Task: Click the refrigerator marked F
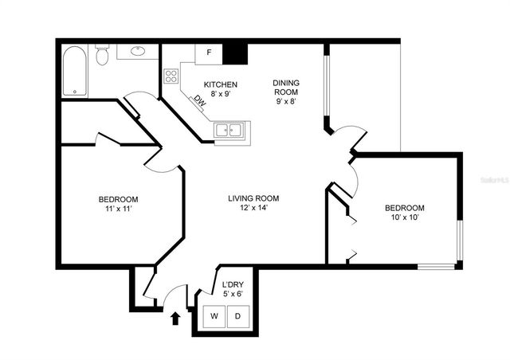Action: pyautogui.click(x=209, y=53)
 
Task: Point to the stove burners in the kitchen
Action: pyautogui.click(x=171, y=76)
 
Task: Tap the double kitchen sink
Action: pyautogui.click(x=231, y=130)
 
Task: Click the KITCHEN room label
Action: pyautogui.click(x=219, y=84)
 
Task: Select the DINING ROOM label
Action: pyautogui.click(x=287, y=87)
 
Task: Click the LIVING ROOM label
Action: pyautogui.click(x=253, y=198)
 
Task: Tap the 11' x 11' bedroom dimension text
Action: pyautogui.click(x=119, y=209)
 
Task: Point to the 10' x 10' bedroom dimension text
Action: pyautogui.click(x=405, y=217)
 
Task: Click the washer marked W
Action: pyautogui.click(x=214, y=316)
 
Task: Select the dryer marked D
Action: pyautogui.click(x=237, y=316)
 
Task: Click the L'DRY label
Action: pyautogui.click(x=232, y=284)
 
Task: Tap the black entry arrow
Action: pyautogui.click(x=175, y=319)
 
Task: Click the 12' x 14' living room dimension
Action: pyautogui.click(x=253, y=209)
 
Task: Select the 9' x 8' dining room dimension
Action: pyautogui.click(x=287, y=101)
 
